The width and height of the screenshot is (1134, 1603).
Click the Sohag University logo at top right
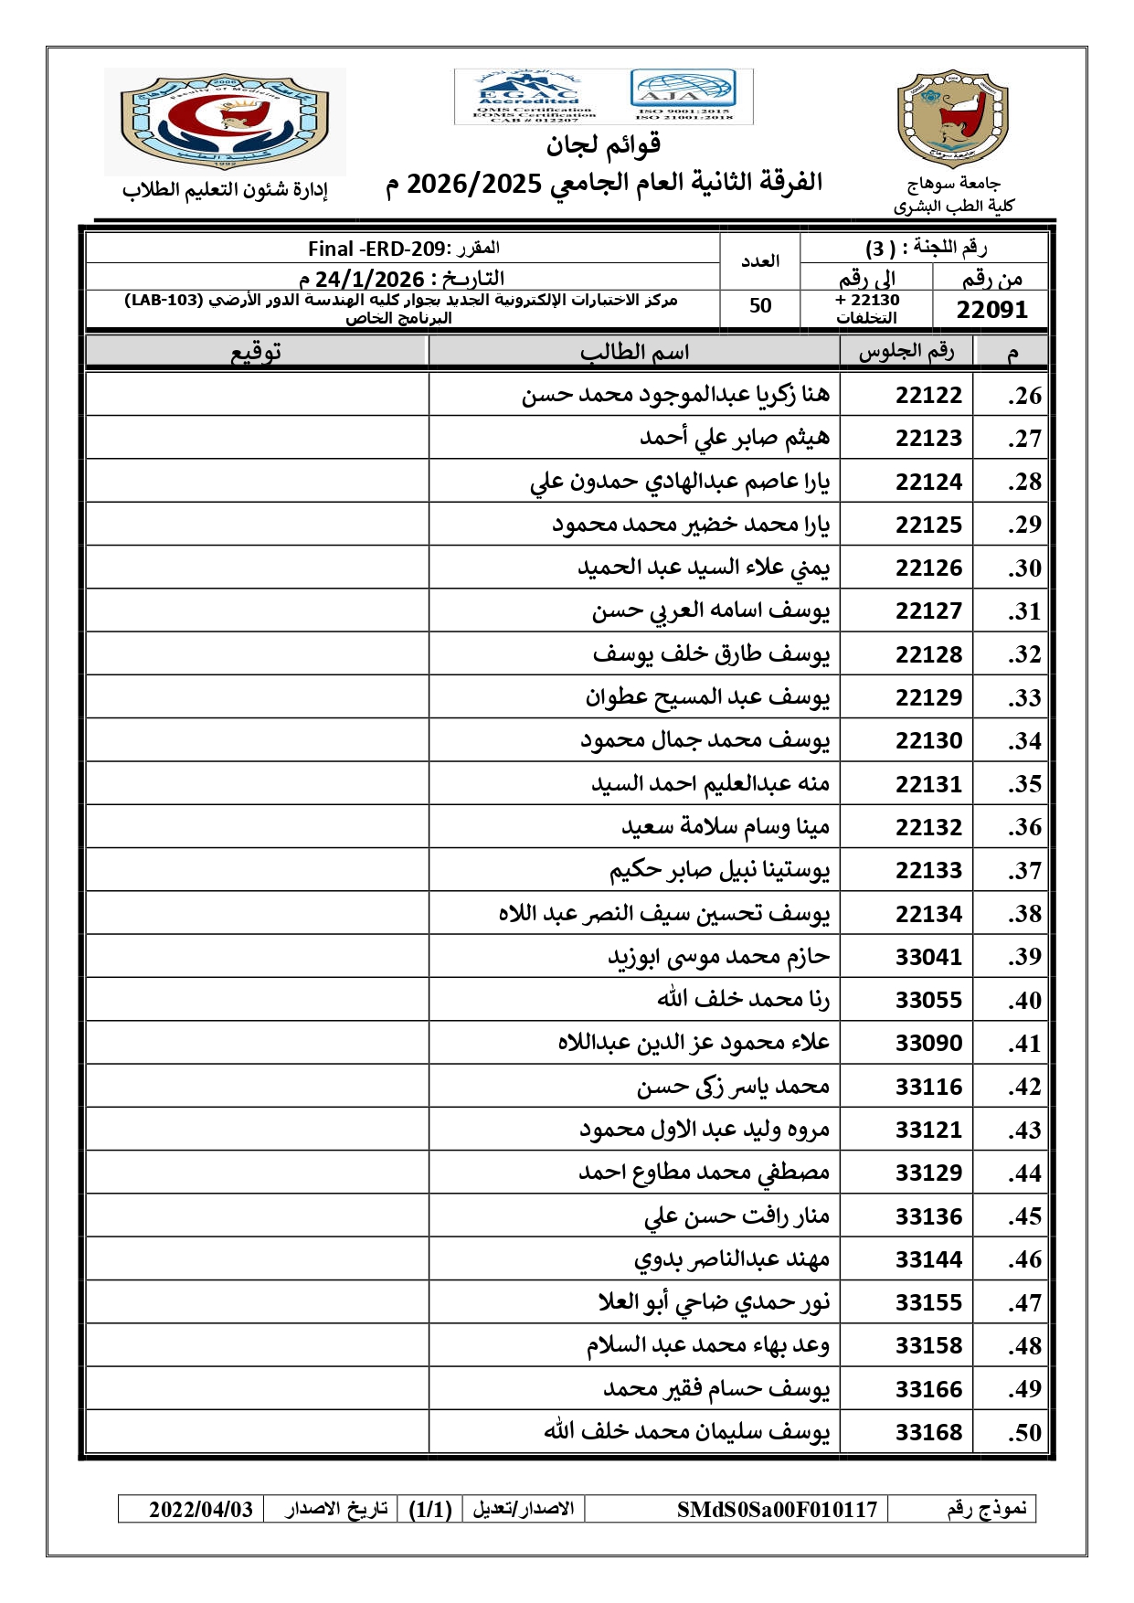coord(953,119)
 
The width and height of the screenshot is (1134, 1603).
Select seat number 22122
coord(928,395)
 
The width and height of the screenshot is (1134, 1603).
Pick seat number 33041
coord(928,957)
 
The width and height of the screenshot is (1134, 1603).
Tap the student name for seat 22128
coord(711,653)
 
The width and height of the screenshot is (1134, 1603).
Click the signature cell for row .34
coord(258,740)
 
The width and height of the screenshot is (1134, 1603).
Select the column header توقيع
coord(256,352)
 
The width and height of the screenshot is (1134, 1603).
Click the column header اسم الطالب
coord(634,352)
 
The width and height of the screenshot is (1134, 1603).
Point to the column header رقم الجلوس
coord(906,352)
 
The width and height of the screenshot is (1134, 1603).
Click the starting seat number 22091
coord(991,310)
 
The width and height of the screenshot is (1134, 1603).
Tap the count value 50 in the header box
coord(760,306)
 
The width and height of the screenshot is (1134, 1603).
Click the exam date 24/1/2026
coord(369,279)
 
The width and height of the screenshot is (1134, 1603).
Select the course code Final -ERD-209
coord(376,249)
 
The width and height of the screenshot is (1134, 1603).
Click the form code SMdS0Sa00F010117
coord(777,1509)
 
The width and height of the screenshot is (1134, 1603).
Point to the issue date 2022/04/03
coord(201,1509)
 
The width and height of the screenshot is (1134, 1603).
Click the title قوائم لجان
coord(603,144)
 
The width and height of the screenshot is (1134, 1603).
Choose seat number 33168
coord(928,1432)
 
